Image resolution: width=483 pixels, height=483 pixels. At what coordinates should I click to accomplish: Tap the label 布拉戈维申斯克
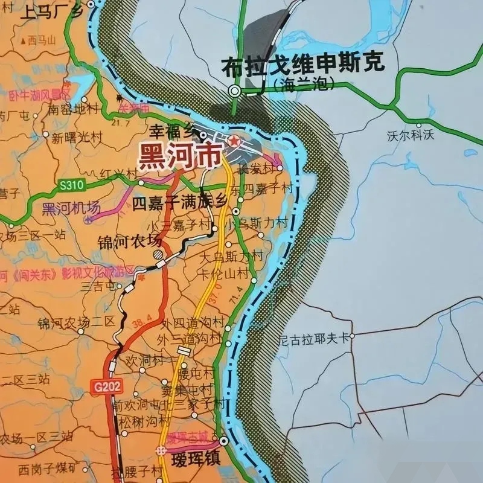click(303, 65)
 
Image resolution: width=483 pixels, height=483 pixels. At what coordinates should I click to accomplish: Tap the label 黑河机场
click(71, 209)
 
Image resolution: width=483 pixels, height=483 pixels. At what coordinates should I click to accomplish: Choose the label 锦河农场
click(130, 241)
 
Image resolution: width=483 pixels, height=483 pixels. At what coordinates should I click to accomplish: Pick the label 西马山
click(42, 41)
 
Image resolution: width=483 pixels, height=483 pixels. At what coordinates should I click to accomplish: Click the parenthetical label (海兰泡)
click(304, 85)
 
